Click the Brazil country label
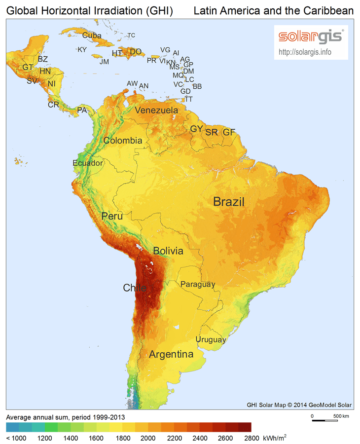pyautogui.click(x=229, y=202)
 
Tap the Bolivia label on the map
pyautogui.click(x=168, y=251)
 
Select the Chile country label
pyautogui.click(x=135, y=288)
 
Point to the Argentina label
pyautogui.click(x=171, y=354)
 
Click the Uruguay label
pyautogui.click(x=211, y=339)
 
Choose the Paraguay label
pyautogui.click(x=197, y=284)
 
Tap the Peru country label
pyautogui.click(x=112, y=216)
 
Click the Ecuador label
pyautogui.click(x=88, y=163)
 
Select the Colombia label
pyautogui.click(x=123, y=141)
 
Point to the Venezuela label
pyautogui.click(x=156, y=110)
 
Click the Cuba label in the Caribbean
pyautogui.click(x=92, y=35)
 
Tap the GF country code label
pyautogui.click(x=229, y=132)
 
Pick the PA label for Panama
pyautogui.click(x=82, y=111)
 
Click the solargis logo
pyautogui.click(x=311, y=37)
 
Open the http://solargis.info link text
pyautogui.click(x=305, y=51)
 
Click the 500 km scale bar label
pyautogui.click(x=341, y=416)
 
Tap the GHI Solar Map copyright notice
pyautogui.click(x=299, y=405)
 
